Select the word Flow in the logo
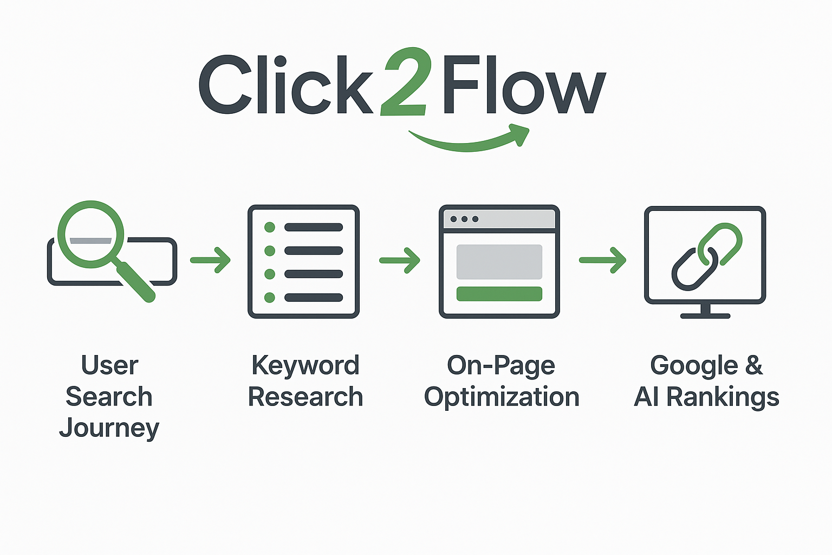523,86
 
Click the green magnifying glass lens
90,234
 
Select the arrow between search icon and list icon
211,260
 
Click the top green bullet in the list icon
269,227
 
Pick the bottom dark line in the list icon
314,297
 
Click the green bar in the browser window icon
499,294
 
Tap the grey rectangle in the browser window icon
499,262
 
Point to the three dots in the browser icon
464,219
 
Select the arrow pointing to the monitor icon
603,260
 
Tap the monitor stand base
705,315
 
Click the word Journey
109,428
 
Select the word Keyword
305,366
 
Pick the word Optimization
502,398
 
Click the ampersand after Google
753,365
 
